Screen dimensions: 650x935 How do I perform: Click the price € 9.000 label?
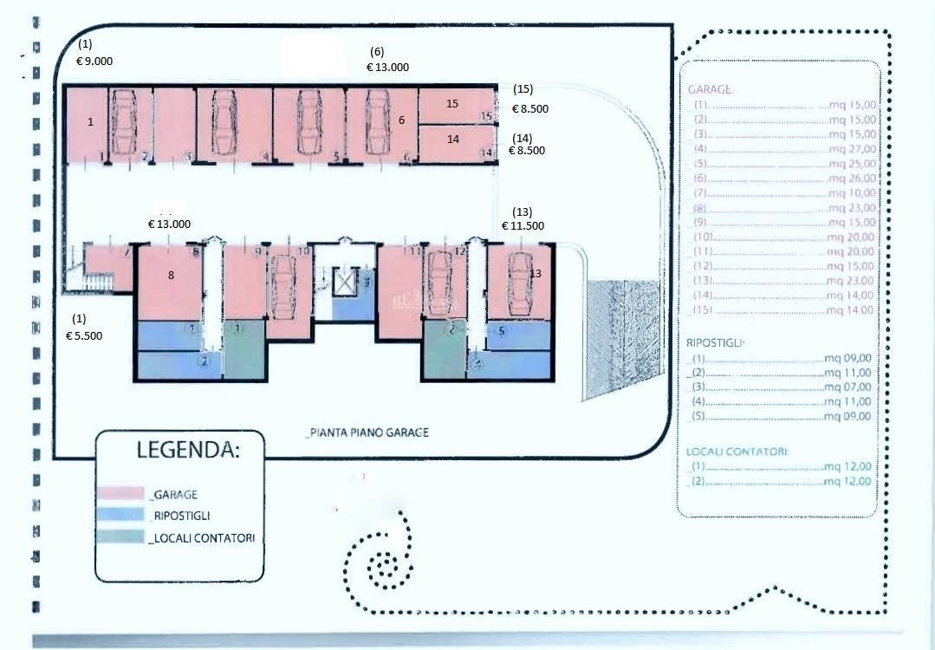click(94, 61)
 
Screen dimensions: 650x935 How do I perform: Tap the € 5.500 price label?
click(84, 335)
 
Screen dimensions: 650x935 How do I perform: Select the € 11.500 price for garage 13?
click(523, 225)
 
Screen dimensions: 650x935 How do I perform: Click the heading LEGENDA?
click(188, 450)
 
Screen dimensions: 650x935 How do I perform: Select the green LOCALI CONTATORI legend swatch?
click(121, 537)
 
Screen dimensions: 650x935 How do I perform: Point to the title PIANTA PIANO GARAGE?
click(368, 432)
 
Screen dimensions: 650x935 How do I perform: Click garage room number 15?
click(451, 103)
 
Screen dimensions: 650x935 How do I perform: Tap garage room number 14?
click(452, 139)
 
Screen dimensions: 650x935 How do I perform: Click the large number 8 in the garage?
click(172, 276)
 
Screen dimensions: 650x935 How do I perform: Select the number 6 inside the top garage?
click(402, 120)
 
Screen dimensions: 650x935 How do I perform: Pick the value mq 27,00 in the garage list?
click(851, 148)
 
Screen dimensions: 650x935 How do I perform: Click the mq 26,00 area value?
click(851, 179)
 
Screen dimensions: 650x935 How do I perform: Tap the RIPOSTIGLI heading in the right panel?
click(715, 343)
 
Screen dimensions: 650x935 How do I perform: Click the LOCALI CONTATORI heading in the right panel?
click(737, 452)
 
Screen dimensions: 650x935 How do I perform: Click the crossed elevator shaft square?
click(345, 282)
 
